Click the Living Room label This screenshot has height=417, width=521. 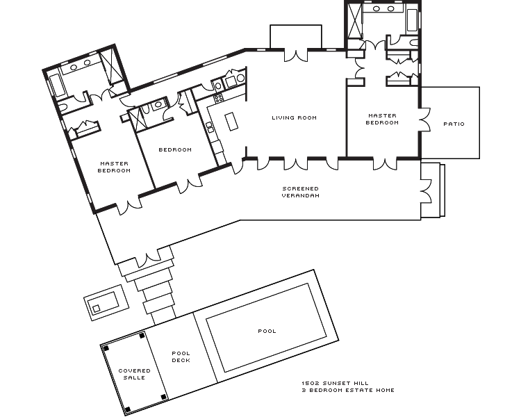point(294,117)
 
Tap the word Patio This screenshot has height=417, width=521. point(454,124)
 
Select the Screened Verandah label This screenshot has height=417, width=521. point(300,193)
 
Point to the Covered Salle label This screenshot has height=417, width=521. point(134,374)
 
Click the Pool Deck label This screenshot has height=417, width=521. point(181,357)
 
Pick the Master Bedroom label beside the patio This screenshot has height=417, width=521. point(382,119)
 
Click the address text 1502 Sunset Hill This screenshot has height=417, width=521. point(335,383)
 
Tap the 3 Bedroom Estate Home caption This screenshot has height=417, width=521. point(348,390)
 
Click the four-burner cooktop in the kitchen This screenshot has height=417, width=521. point(218,98)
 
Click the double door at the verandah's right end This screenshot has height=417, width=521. point(427,191)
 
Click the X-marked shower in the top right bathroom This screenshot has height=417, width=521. point(354,22)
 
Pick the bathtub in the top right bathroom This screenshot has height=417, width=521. point(412,21)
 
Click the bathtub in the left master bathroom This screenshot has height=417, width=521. point(57,86)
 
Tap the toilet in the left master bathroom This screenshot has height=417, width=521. point(63,106)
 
